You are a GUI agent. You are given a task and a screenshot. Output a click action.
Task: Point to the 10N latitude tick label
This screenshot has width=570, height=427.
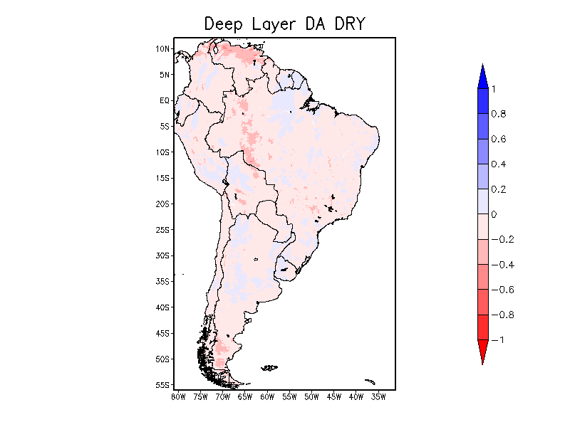pyautogui.click(x=163, y=49)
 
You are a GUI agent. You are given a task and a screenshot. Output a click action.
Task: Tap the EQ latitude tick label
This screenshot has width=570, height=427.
pyautogui.click(x=165, y=101)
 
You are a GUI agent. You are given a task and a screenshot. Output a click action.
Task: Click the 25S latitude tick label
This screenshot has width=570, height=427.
pyautogui.click(x=163, y=230)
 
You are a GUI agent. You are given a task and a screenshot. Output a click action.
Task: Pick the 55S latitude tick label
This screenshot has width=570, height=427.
pyautogui.click(x=163, y=385)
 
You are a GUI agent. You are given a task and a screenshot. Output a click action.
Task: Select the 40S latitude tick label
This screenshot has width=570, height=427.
pyautogui.click(x=163, y=307)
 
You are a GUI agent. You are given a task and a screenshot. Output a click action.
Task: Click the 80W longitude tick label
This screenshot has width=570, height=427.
pyautogui.click(x=178, y=396)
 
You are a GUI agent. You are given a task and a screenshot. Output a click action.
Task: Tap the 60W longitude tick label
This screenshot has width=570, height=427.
pyautogui.click(x=267, y=396)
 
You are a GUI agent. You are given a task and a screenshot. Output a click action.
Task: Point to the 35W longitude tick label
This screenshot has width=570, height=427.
pyautogui.click(x=378, y=396)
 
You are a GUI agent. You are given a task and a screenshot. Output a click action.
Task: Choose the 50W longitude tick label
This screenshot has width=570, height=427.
pyautogui.click(x=311, y=396)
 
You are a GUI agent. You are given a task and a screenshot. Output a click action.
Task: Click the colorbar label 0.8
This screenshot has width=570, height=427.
pyautogui.click(x=498, y=114)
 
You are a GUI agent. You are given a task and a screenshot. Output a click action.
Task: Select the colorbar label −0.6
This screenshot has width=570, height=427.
pyautogui.click(x=502, y=290)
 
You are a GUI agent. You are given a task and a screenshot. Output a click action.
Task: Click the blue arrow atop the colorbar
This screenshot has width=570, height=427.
pyautogui.click(x=482, y=77)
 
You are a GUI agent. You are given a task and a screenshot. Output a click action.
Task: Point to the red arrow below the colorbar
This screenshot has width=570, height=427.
pyautogui.click(x=482, y=352)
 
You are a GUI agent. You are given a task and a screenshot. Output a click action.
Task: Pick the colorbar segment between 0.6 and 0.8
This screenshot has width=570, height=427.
pyautogui.click(x=482, y=126)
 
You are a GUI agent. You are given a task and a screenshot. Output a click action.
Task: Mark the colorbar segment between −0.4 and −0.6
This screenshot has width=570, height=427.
pyautogui.click(x=482, y=277)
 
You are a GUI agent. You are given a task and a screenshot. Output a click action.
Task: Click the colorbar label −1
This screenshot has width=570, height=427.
pyautogui.click(x=498, y=340)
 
